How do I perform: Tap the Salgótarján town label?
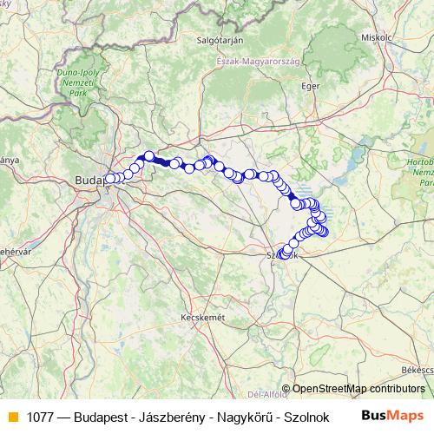pos(219,40)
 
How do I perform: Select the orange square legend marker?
pos(12,416)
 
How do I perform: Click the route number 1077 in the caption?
pos(41,416)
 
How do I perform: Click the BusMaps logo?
pos(392,415)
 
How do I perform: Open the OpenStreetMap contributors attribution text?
pos(358,389)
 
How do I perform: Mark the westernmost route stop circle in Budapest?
pos(109,179)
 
